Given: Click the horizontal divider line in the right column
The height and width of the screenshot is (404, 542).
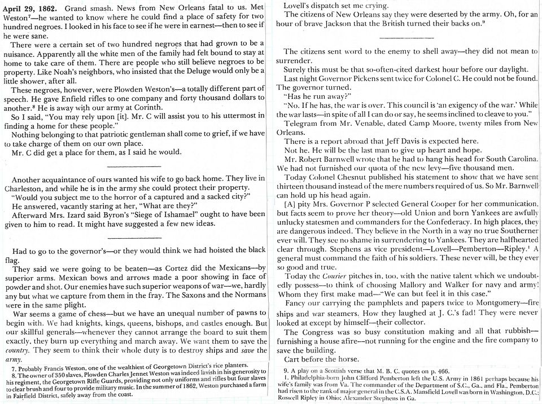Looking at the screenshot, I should click(x=400, y=38).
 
